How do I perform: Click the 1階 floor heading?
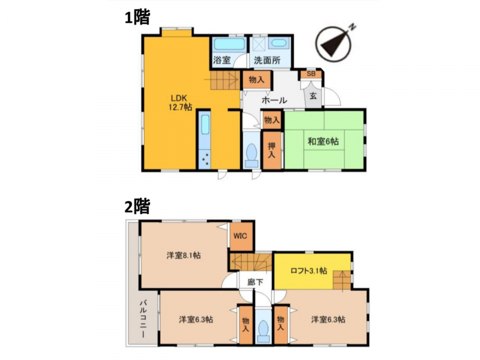pos(137,17)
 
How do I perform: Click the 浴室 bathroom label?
pos(221,60)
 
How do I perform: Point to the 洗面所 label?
pos(267,60)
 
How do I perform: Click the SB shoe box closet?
pos(311,74)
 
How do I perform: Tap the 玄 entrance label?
pos(313,96)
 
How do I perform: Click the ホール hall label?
pos(274,100)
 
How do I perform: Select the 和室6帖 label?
pos(323,142)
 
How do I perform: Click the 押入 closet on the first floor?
pos(272,150)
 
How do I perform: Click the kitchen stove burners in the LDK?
pos(205,159)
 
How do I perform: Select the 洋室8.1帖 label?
pos(184,255)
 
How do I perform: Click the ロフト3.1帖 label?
pos(308,271)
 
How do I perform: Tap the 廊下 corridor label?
pos(255,282)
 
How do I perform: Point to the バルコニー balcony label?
pos(143,319)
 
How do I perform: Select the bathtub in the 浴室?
pos(229,44)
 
